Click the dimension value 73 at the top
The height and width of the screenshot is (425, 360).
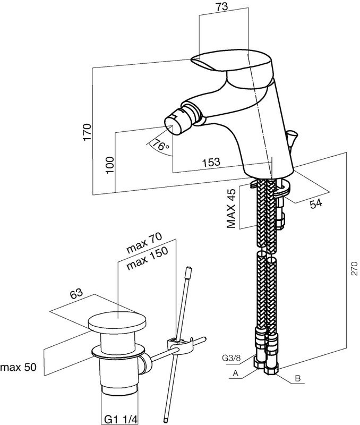coord(223,7)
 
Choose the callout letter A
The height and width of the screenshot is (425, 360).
coord(234,373)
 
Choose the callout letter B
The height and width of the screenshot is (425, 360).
coord(298,379)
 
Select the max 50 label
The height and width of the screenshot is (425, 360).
coord(18,367)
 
